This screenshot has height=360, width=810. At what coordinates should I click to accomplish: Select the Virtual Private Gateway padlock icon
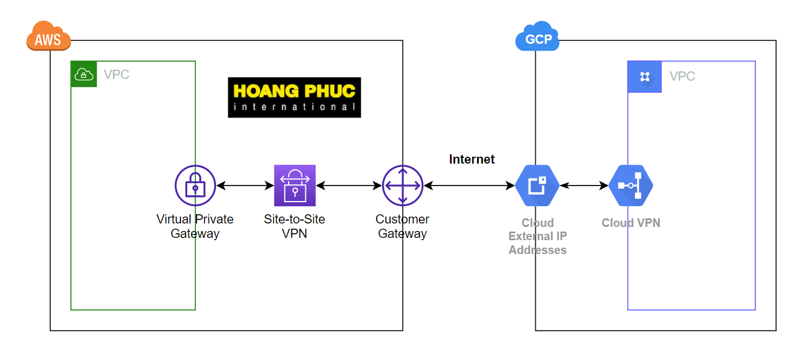(x=195, y=185)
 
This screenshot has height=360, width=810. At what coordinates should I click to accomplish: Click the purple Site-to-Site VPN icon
(x=295, y=185)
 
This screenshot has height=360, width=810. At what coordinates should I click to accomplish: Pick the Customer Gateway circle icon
(x=403, y=185)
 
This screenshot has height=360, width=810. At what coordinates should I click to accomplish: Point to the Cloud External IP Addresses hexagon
(x=537, y=185)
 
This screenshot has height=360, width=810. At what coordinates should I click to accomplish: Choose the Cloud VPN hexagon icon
(x=631, y=185)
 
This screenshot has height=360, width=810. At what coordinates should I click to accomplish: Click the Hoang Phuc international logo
(x=294, y=97)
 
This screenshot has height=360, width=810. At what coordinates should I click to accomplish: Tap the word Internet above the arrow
(x=472, y=160)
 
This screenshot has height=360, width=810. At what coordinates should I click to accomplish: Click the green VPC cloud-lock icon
(x=84, y=74)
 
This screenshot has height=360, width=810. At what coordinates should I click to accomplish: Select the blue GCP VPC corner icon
(x=645, y=77)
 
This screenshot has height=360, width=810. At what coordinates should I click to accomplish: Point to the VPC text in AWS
(x=116, y=75)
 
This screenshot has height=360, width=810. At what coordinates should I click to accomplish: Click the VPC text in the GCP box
(x=682, y=77)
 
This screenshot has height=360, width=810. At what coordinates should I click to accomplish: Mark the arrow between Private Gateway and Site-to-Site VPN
(x=245, y=185)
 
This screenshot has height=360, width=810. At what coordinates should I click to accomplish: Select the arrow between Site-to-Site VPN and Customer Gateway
(x=349, y=185)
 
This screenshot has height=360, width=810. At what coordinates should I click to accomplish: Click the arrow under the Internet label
(x=469, y=185)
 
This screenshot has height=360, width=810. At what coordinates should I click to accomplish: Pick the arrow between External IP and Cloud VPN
(x=584, y=185)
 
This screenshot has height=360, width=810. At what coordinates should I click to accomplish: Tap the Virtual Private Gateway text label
(x=195, y=226)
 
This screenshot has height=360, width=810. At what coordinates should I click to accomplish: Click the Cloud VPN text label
(x=631, y=223)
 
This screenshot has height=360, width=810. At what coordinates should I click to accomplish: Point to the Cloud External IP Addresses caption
(x=538, y=236)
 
